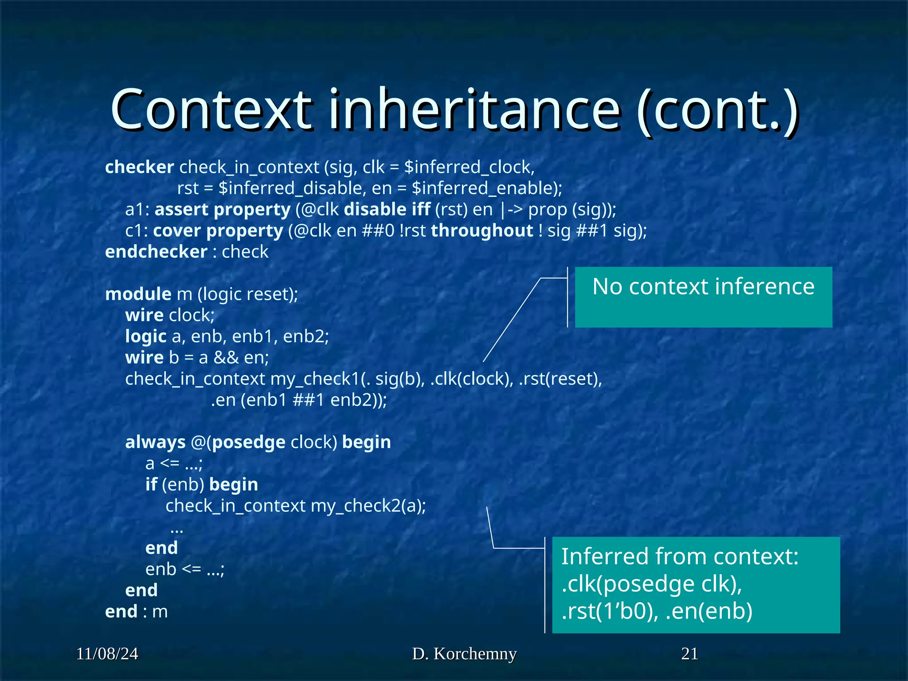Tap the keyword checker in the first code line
click(139, 167)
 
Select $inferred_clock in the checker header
click(469, 167)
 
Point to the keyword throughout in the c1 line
click(482, 231)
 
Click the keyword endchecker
click(156, 252)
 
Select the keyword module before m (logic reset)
click(138, 294)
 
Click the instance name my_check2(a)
click(368, 506)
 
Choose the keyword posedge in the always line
click(249, 442)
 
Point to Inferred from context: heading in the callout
click(679, 556)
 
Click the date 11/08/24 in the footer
click(107, 654)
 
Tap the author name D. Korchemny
click(464, 654)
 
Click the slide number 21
click(689, 654)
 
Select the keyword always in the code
click(155, 442)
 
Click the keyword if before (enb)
click(151, 485)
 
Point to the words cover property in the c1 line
click(218, 231)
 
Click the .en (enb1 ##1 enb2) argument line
click(298, 400)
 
